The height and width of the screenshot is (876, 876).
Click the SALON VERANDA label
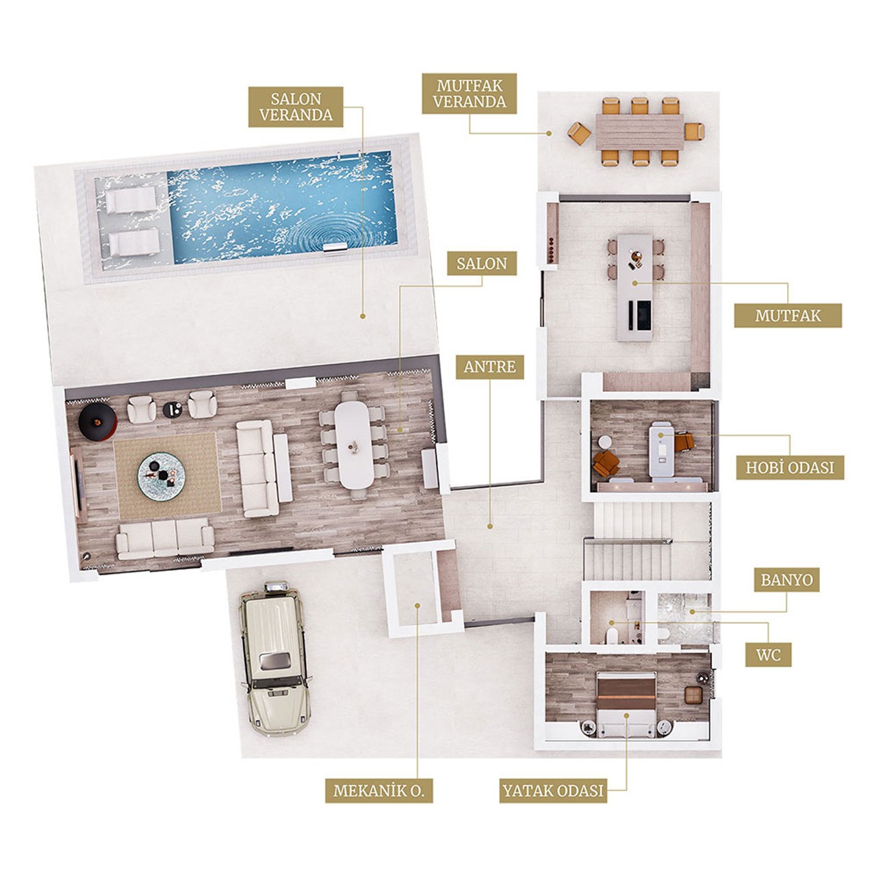point(296,107)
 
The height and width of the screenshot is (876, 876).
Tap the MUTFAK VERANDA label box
point(469,94)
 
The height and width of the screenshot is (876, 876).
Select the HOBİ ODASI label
point(790,468)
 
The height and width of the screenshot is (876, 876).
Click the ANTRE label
point(489,367)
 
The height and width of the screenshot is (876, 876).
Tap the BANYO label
point(787,580)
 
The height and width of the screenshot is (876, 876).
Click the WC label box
point(769,655)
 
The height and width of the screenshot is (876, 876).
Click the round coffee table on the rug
point(161,476)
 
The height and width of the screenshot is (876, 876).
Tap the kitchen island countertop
point(634,287)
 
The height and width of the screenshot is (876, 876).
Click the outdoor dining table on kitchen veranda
point(640,132)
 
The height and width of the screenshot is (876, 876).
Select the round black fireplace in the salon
point(98,422)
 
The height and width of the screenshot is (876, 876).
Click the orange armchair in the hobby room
point(606,463)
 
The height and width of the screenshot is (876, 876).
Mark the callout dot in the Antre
point(489,527)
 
